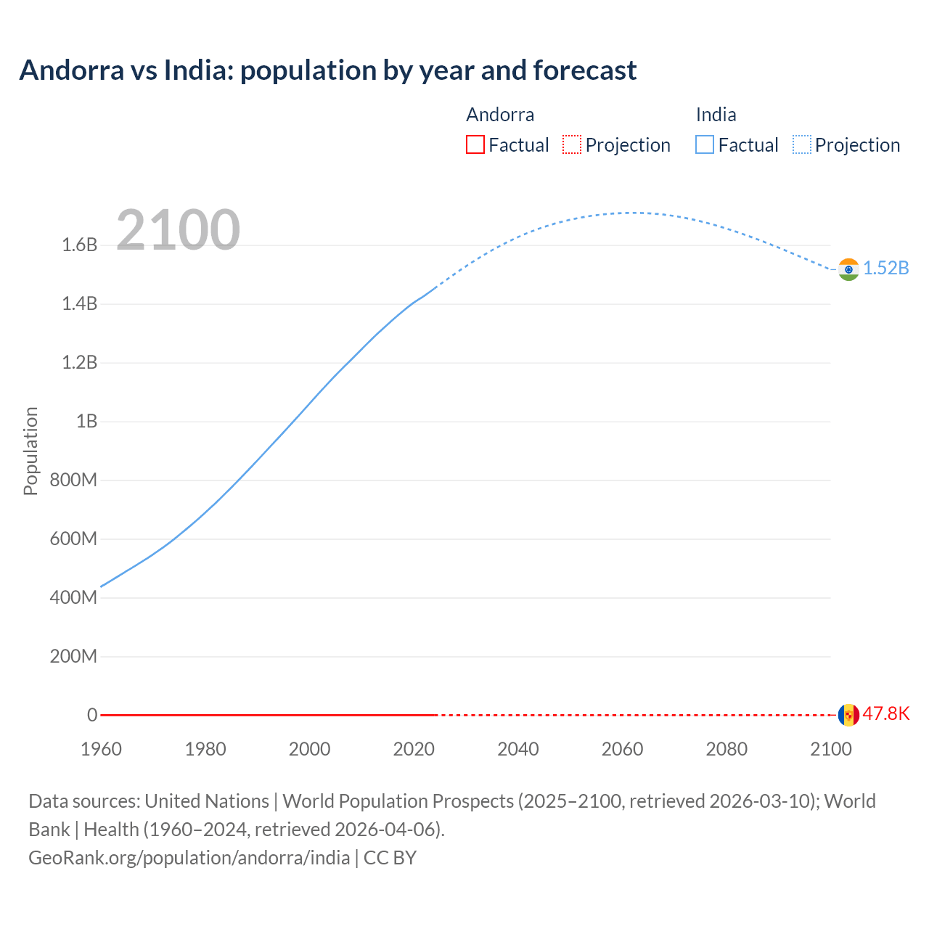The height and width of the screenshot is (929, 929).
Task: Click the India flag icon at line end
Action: pyautogui.click(x=848, y=269)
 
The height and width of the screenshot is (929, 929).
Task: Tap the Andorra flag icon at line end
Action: pyautogui.click(x=848, y=715)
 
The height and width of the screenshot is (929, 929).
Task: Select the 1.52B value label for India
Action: pyautogui.click(x=885, y=268)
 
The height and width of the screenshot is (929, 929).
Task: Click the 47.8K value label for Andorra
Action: pyautogui.click(x=885, y=713)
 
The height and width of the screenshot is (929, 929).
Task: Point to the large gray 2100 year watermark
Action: pyautogui.click(x=178, y=230)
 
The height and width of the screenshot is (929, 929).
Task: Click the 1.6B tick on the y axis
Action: pyautogui.click(x=79, y=245)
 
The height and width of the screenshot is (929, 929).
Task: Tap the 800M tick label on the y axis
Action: pyautogui.click(x=73, y=480)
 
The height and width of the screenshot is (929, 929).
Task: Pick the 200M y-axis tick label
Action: pyautogui.click(x=73, y=657)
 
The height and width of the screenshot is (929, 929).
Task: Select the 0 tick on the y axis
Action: pyautogui.click(x=92, y=716)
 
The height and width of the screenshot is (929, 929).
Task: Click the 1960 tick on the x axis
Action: pyautogui.click(x=101, y=749)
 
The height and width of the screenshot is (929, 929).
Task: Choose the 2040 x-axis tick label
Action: pyautogui.click(x=517, y=749)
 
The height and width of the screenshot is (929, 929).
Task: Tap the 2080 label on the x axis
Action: pyautogui.click(x=727, y=749)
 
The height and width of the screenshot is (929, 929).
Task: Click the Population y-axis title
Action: pyautogui.click(x=30, y=451)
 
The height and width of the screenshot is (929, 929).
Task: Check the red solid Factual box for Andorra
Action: pyautogui.click(x=475, y=144)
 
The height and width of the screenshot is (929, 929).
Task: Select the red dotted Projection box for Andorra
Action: pyautogui.click(x=572, y=144)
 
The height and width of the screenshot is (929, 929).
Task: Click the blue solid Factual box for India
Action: pyautogui.click(x=704, y=144)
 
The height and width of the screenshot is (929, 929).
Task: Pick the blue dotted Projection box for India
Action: pyautogui.click(x=801, y=144)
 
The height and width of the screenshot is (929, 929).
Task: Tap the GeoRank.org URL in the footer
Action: pyautogui.click(x=189, y=857)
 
